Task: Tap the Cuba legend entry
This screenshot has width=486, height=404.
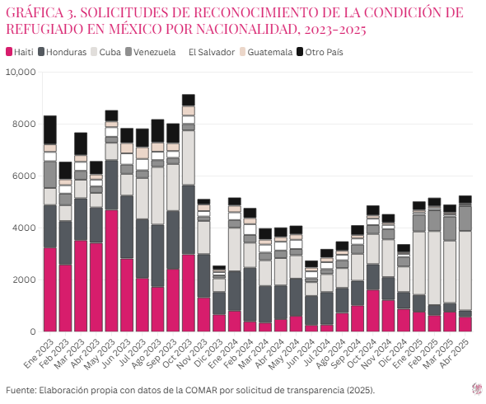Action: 108,52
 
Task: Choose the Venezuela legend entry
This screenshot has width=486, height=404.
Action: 152,52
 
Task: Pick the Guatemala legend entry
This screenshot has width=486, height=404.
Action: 265,52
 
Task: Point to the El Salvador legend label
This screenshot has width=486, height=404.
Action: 209,52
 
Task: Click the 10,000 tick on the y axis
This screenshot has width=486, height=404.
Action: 20,72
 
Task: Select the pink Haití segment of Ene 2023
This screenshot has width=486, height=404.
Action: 49,289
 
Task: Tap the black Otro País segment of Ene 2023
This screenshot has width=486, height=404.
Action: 49,129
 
